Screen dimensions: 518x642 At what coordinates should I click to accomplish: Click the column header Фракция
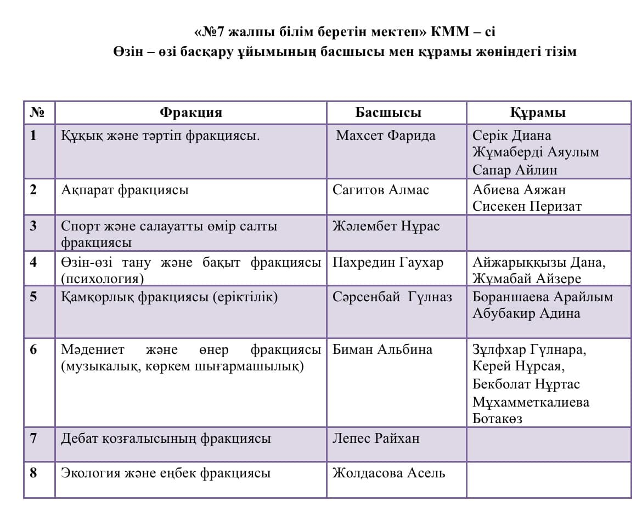191,112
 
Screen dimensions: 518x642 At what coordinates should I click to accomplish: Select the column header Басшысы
388,112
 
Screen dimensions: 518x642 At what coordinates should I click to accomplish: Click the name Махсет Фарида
385,136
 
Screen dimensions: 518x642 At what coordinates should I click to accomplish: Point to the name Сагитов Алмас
381,190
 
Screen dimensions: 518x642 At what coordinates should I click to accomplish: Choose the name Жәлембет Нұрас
386,226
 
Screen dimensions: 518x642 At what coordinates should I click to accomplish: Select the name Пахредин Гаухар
387,262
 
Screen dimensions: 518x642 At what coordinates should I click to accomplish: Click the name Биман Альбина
382,350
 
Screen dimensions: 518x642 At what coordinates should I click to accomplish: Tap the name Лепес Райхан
376,438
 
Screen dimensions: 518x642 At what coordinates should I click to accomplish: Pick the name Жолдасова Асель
388,472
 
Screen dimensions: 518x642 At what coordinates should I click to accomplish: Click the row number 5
33,297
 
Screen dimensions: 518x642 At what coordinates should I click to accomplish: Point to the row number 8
33,472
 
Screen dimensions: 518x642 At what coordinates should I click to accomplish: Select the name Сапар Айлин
515,170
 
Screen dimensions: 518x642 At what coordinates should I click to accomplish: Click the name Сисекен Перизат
527,206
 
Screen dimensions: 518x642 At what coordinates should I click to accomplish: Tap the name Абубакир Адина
526,313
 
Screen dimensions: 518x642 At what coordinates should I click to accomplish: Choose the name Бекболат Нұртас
526,384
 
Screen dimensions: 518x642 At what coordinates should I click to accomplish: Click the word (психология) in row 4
103,278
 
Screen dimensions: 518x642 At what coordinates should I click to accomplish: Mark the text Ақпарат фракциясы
125,190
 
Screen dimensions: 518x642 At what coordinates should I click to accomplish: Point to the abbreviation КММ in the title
449,32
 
